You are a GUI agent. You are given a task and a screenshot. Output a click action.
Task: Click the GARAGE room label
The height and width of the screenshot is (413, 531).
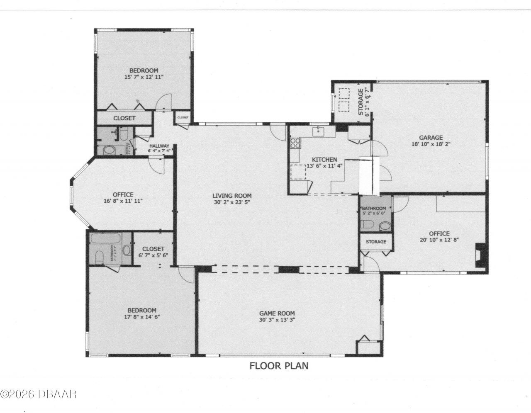[430, 138]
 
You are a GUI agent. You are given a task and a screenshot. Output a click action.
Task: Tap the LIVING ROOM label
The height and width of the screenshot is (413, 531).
[232, 196]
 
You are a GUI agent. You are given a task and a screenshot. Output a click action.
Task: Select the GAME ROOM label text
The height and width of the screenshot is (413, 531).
[277, 313]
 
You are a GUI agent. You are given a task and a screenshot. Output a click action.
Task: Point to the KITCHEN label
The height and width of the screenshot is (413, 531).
[324, 160]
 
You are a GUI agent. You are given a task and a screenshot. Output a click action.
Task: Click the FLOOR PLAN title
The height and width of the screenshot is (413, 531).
[278, 366]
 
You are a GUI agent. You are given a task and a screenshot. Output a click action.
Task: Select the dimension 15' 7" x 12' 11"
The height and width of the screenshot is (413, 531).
[144, 77]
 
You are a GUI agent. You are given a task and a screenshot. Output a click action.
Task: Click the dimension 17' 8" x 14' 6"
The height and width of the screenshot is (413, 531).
[141, 317]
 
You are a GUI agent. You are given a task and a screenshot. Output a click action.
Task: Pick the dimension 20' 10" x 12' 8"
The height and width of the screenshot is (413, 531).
[439, 240]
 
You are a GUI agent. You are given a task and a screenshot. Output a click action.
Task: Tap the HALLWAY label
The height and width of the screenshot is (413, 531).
[159, 146]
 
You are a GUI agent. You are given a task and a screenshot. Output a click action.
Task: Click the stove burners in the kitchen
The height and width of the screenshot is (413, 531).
[295, 143]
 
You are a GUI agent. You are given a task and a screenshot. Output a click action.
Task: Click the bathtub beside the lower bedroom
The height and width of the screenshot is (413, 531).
[105, 239]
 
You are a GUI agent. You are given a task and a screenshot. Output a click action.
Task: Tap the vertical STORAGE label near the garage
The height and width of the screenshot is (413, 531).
[361, 101]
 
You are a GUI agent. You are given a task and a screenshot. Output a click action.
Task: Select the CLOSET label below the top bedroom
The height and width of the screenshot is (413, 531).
[124, 118]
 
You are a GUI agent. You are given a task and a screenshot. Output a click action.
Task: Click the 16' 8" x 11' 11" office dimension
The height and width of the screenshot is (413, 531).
[123, 201]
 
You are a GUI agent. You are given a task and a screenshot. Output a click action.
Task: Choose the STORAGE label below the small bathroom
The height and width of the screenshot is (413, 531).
[376, 241]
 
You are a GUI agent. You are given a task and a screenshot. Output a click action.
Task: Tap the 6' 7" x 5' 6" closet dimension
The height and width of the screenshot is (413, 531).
[153, 255]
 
